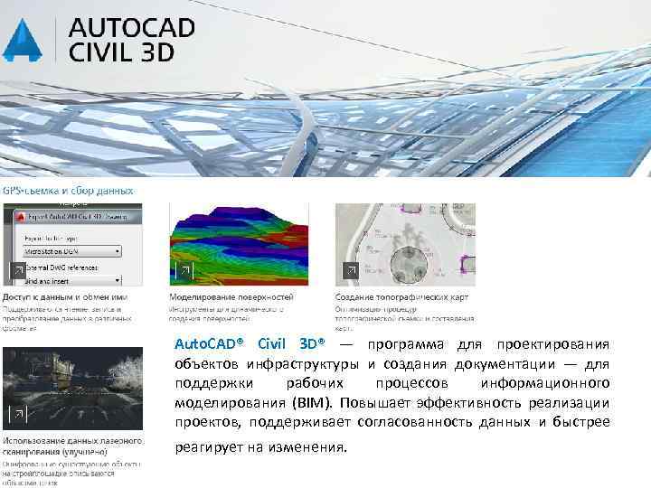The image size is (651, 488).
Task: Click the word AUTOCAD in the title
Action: click(x=132, y=26)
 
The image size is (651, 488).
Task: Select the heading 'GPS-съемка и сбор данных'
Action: click(x=68, y=191)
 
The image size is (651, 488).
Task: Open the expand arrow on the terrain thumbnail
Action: click(x=183, y=270)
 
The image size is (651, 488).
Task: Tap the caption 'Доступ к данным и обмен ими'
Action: click(x=65, y=296)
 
